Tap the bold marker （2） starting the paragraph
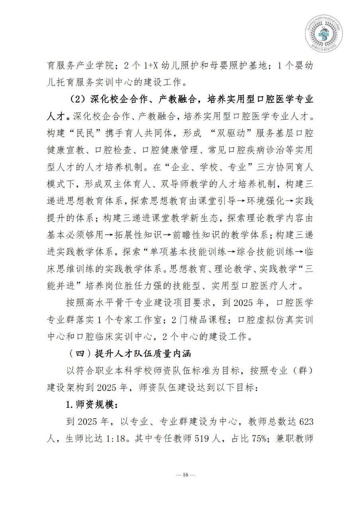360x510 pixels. point(76,98)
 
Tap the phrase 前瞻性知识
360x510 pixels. point(199,235)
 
